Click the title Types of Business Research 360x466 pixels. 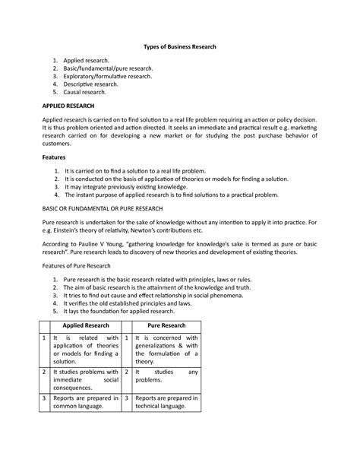pos(180,47)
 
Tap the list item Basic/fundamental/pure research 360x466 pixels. pos(109,68)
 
